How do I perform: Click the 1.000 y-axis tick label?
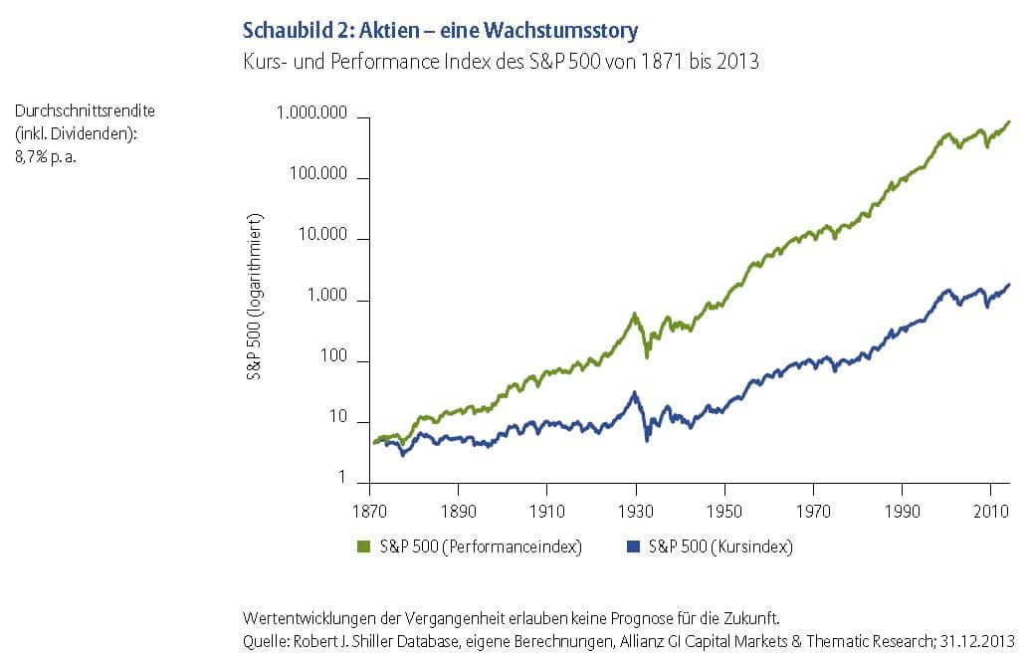[x=329, y=300]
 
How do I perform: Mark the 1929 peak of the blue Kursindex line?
[x=634, y=392]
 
